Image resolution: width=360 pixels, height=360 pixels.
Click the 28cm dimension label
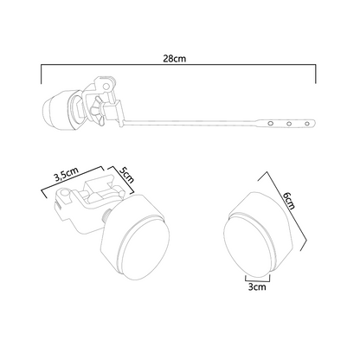pyautogui.click(x=175, y=59)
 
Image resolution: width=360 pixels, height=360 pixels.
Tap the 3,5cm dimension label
pyautogui.click(x=67, y=175)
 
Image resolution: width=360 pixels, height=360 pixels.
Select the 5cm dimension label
pyautogui.click(x=126, y=175)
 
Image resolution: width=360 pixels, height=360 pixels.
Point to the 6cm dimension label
pyautogui.click(x=289, y=201)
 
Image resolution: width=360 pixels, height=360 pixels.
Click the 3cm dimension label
pyautogui.click(x=257, y=287)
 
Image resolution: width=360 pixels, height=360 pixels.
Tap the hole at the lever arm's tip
pyautogui.click(x=307, y=124)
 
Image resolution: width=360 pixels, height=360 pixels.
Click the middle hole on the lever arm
pyautogui.click(x=289, y=124)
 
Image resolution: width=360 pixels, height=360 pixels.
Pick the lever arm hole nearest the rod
pyautogui.click(x=270, y=124)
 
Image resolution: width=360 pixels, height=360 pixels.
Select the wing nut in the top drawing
pyautogui.click(x=96, y=111)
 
